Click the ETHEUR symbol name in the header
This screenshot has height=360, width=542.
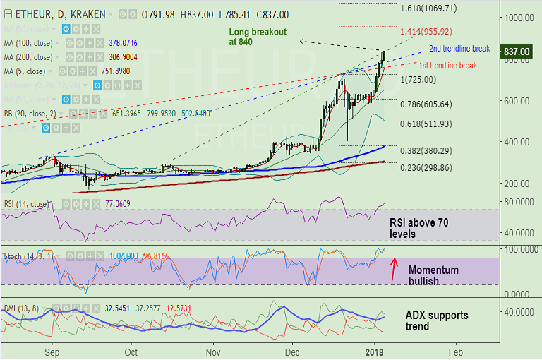32,14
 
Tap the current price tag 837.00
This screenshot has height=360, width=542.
517,52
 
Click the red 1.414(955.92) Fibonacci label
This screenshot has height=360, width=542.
435,32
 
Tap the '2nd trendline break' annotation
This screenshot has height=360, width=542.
459,49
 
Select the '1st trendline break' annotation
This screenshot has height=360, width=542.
447,66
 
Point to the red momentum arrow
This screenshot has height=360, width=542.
393,269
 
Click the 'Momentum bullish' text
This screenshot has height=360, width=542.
433,276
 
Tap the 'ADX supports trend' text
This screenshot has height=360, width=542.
436,321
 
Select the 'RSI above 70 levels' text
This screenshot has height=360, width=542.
419,228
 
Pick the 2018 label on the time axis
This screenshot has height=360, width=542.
375,351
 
